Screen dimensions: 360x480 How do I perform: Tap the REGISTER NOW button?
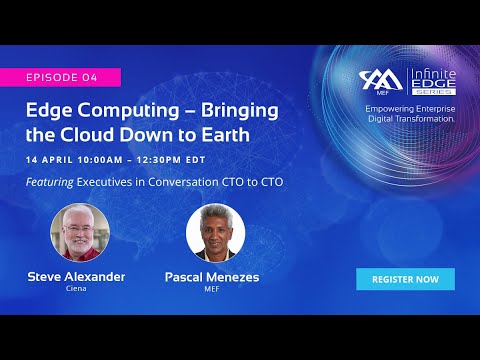pyautogui.click(x=405, y=279)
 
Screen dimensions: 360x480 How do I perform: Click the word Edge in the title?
pyautogui.click(x=51, y=109)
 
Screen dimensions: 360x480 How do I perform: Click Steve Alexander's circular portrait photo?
pyautogui.click(x=79, y=233)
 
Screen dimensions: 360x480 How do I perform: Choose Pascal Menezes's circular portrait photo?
pyautogui.click(x=215, y=233)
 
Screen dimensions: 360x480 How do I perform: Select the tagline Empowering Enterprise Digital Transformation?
pyautogui.click(x=410, y=113)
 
